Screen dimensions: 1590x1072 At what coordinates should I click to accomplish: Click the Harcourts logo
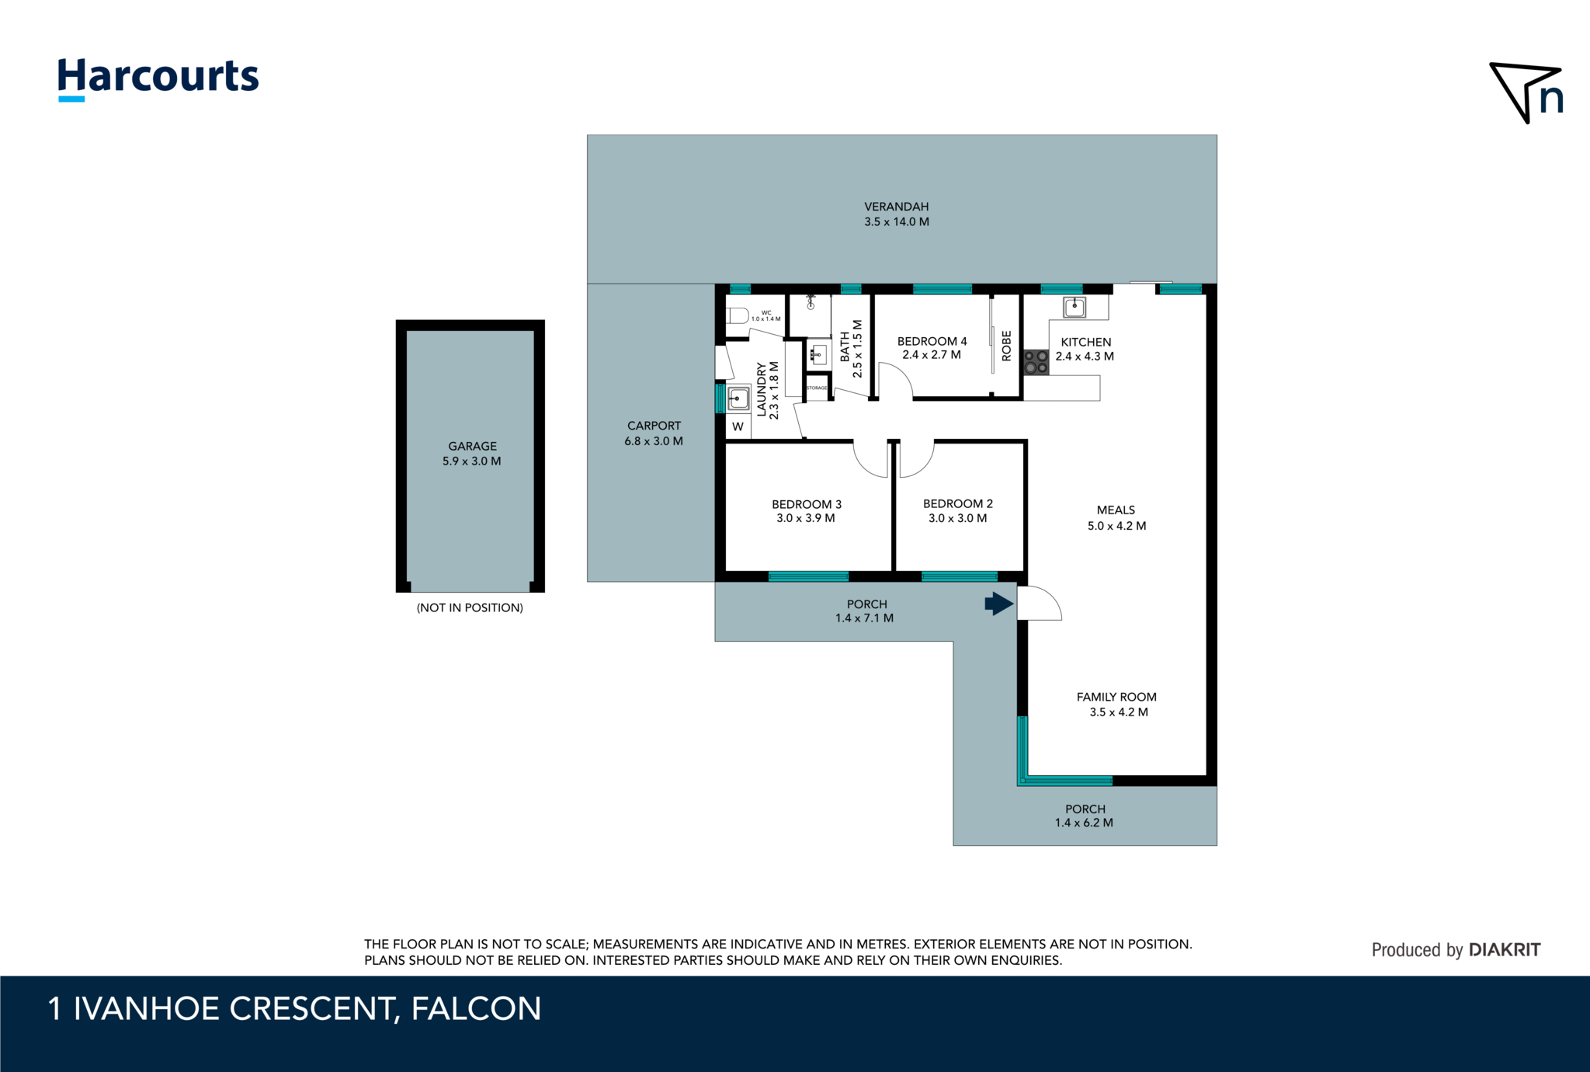(x=158, y=79)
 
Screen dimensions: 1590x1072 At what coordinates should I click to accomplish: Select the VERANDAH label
(x=897, y=207)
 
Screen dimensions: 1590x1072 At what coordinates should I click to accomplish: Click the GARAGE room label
(x=472, y=446)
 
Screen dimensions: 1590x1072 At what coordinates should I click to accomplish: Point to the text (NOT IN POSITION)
(x=470, y=607)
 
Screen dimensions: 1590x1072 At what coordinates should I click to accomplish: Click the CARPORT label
(x=654, y=426)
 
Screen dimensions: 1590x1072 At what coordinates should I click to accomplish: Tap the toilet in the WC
(x=737, y=315)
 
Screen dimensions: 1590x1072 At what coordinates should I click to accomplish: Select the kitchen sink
(x=1074, y=308)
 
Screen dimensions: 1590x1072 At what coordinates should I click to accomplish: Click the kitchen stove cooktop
(x=1036, y=362)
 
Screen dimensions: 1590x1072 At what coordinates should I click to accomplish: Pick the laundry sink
(x=738, y=399)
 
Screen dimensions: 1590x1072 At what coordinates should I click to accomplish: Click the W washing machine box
(x=738, y=426)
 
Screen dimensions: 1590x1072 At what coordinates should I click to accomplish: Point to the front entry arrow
(x=999, y=604)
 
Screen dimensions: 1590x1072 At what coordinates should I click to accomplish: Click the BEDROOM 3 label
(x=807, y=504)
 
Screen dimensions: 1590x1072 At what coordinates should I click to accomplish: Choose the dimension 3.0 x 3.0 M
(x=958, y=518)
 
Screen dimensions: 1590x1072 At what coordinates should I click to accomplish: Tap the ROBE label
(x=1007, y=346)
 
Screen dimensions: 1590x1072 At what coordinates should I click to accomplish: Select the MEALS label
(x=1116, y=510)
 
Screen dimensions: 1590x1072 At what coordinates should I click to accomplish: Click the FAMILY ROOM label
(x=1116, y=697)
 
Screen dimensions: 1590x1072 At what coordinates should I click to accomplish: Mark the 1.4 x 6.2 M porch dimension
(x=1084, y=823)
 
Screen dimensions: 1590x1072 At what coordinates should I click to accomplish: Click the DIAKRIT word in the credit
(x=1505, y=949)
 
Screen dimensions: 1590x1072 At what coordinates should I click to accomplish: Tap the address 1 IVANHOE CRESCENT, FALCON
(x=294, y=1008)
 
